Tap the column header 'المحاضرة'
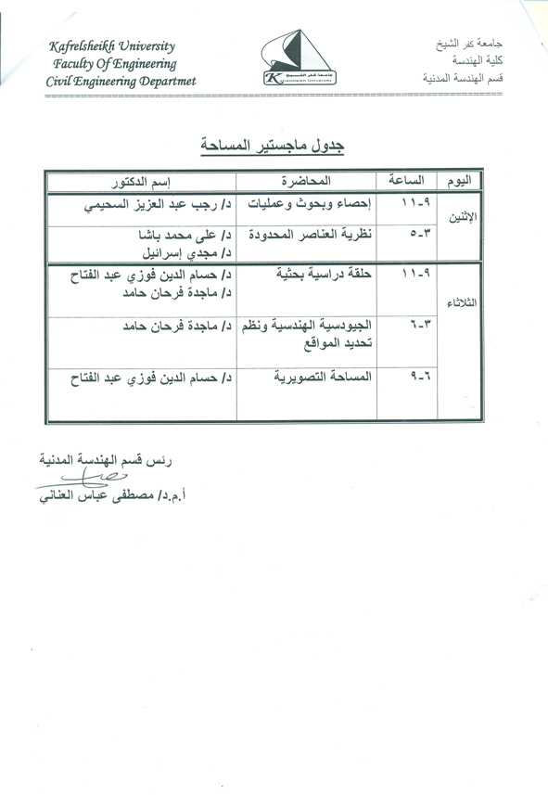308,179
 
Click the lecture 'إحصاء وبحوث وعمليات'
306,203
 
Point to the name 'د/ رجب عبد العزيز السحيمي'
147,203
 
